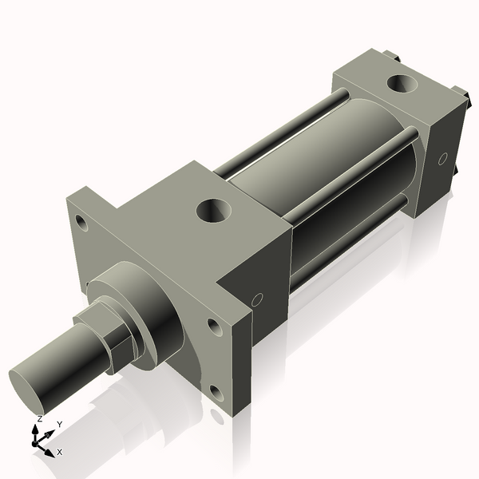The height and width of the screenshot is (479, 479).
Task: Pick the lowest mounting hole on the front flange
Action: coord(216,392)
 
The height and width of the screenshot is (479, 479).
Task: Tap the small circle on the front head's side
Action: coord(257,300)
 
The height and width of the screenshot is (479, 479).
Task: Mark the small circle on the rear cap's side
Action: coord(442,159)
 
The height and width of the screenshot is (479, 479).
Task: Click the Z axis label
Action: coord(39,418)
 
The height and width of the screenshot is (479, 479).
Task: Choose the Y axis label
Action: coord(60,425)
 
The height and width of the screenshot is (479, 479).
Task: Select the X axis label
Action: coord(59,452)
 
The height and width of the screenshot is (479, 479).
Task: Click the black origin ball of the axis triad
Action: coord(36,441)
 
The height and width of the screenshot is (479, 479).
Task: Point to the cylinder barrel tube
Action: coord(319,160)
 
